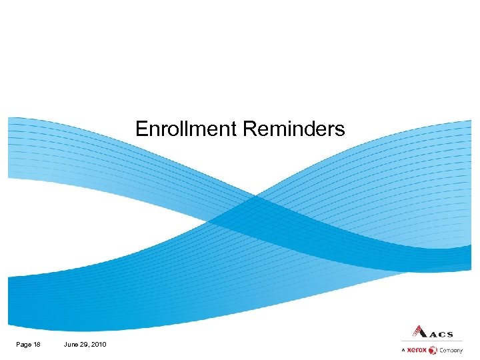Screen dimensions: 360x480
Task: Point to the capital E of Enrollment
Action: point(140,128)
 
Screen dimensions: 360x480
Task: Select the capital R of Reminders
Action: point(248,128)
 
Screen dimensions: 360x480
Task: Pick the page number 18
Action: point(37,344)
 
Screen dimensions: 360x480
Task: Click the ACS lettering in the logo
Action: point(441,334)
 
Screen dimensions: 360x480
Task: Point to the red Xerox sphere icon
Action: point(433,350)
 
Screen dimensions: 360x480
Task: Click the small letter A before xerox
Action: point(403,350)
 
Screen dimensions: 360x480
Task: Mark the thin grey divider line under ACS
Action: point(432,341)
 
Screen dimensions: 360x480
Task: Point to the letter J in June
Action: point(65,344)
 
